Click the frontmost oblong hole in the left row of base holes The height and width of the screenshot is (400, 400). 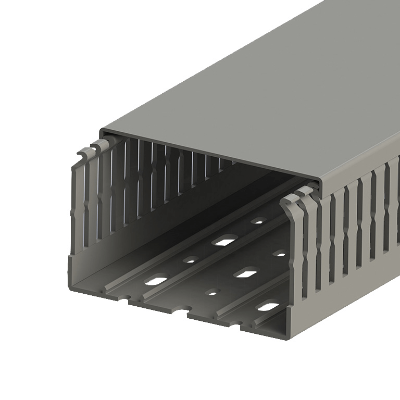pyautogui.click(x=156, y=281)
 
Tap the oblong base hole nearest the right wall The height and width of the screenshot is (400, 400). pyautogui.click(x=268, y=306)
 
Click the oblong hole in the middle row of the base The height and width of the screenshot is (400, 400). pyautogui.click(x=246, y=272)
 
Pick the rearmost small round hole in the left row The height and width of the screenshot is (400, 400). pyautogui.click(x=258, y=221)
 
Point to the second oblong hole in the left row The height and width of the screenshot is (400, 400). pyautogui.click(x=224, y=240)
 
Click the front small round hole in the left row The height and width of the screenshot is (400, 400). pyautogui.click(x=191, y=259)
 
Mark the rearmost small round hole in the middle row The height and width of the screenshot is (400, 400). pyautogui.click(x=280, y=254)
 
